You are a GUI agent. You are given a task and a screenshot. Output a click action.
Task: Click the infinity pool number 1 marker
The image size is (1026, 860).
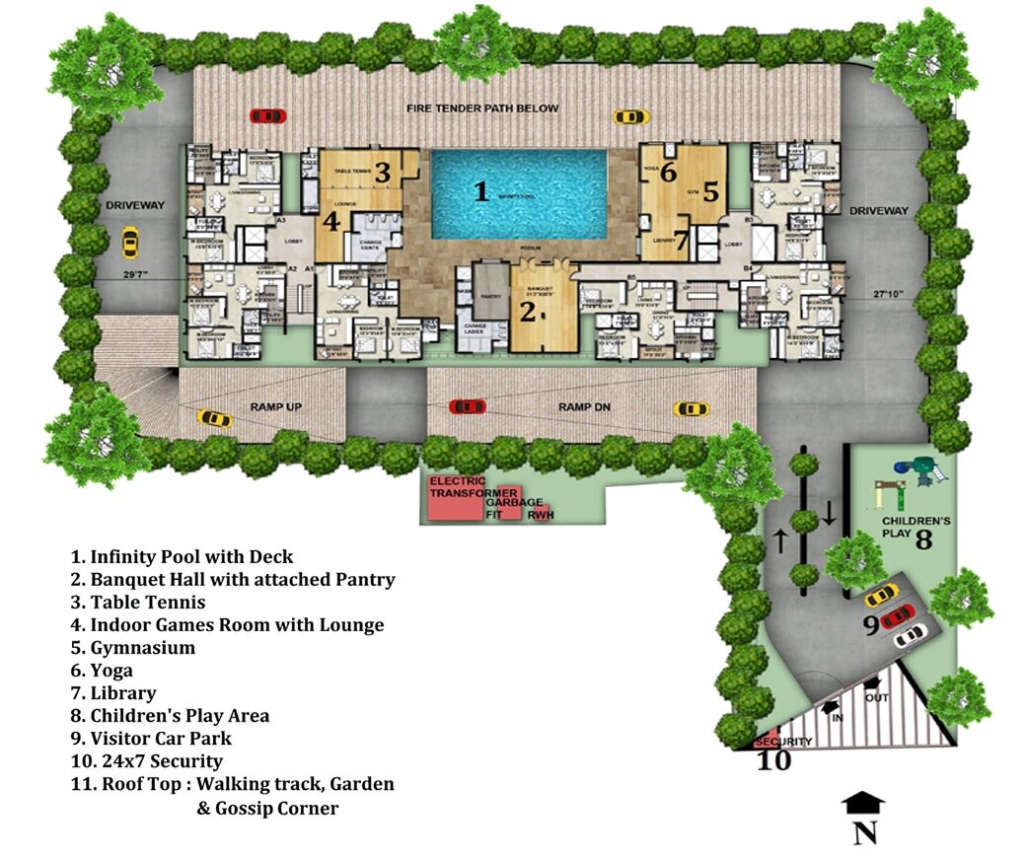(480, 191)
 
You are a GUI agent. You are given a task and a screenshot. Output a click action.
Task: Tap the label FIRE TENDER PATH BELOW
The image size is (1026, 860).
(483, 108)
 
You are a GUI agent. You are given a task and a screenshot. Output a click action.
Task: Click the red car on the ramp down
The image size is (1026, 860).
(467, 406)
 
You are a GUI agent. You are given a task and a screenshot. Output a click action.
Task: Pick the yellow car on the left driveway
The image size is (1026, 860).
(129, 241)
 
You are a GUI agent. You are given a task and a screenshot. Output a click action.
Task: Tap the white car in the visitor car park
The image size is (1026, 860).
(910, 636)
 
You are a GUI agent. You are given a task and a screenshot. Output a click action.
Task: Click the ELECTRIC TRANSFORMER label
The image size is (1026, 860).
(474, 487)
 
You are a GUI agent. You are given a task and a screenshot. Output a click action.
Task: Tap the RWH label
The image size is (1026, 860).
(539, 514)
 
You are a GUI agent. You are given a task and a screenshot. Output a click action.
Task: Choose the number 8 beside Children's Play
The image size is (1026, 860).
(923, 539)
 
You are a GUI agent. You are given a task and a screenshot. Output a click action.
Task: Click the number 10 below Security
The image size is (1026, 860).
(773, 761)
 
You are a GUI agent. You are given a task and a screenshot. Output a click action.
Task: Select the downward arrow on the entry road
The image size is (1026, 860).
(830, 513)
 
